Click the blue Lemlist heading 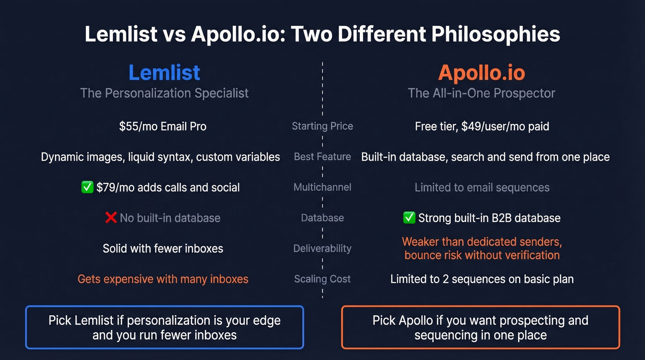click(x=164, y=73)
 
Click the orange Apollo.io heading click(x=481, y=73)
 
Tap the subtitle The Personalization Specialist click(x=164, y=93)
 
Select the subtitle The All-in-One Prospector click(x=481, y=93)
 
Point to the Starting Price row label click(x=322, y=126)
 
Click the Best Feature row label click(x=322, y=157)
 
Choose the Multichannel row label click(x=322, y=187)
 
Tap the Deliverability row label click(x=322, y=248)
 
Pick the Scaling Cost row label click(x=322, y=279)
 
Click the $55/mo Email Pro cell click(x=163, y=126)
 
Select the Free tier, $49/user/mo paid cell click(x=482, y=126)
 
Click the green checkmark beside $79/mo click(x=87, y=188)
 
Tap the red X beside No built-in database click(x=111, y=218)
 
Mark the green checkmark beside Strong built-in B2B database click(x=409, y=218)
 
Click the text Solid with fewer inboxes click(x=163, y=248)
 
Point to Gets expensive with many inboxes click(x=163, y=279)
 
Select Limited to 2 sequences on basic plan click(x=482, y=279)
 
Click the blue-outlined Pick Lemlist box click(x=164, y=327)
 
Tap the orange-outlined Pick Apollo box click(x=481, y=327)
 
